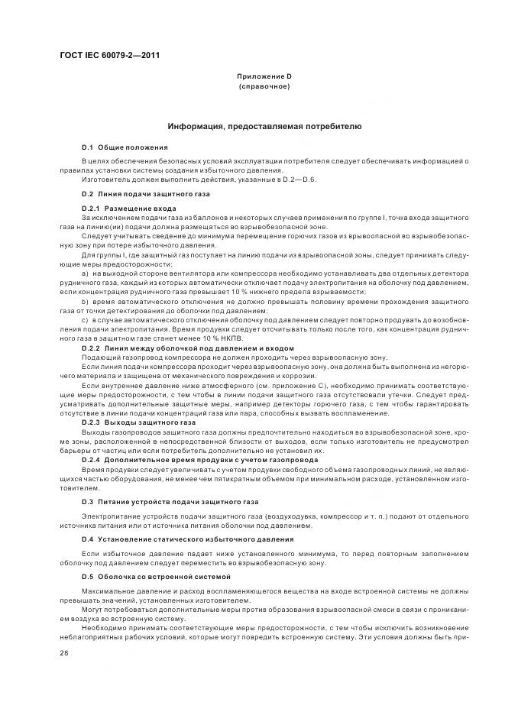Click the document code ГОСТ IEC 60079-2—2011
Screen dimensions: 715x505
105,56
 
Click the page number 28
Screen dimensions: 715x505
63,653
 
